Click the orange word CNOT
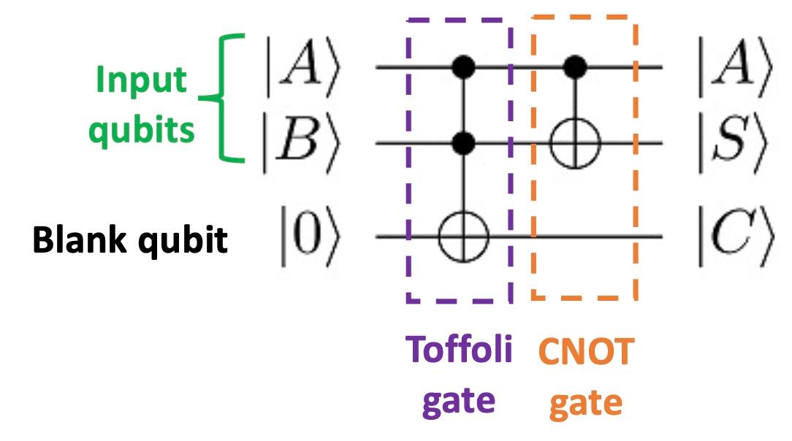[586, 353]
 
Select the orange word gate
[586, 402]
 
